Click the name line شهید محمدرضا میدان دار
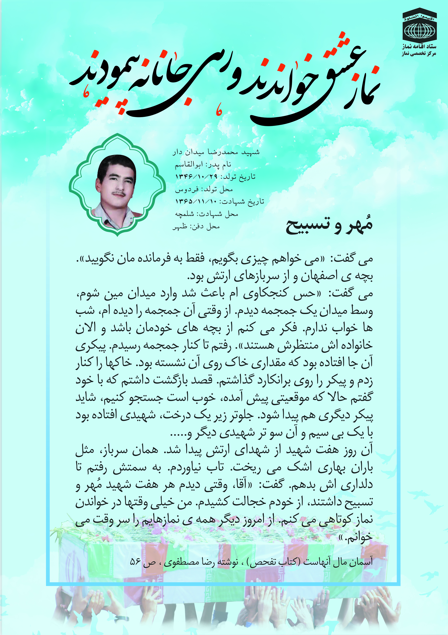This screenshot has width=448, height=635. tap(216, 152)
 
